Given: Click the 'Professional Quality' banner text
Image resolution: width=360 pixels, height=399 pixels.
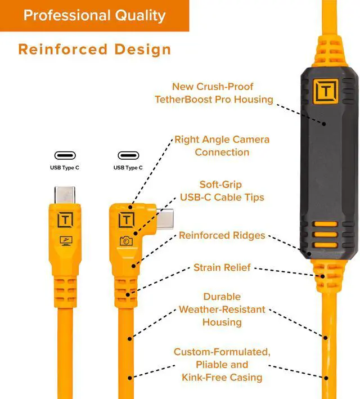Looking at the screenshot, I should coord(94,15).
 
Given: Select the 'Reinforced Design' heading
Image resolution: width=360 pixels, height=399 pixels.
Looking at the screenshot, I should coord(94,49).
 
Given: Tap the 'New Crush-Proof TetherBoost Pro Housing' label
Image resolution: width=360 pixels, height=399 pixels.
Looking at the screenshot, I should coord(214,93).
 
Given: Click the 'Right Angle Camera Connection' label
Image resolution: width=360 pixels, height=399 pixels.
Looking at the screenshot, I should coord(222,146).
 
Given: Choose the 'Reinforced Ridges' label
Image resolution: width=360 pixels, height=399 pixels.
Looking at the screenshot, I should coord(222,235).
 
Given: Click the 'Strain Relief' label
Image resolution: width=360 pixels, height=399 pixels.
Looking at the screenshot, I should coord(222,267).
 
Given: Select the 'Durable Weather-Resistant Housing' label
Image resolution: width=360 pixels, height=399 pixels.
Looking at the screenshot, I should coord(222,310).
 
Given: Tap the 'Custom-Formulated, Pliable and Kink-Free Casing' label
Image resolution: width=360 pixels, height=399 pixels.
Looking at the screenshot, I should coord(222,364).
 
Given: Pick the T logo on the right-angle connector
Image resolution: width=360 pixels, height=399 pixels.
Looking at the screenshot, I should coord(127,219).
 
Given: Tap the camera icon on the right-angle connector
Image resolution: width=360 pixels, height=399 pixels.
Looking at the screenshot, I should coord(126,241).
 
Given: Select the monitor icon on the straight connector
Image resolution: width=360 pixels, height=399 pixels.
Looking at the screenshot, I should coord(66,241).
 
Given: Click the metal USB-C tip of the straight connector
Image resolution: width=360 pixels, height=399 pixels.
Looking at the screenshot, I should coord(66,194).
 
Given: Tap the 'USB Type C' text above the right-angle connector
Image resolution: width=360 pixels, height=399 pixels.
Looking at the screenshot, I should coord(128,167).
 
